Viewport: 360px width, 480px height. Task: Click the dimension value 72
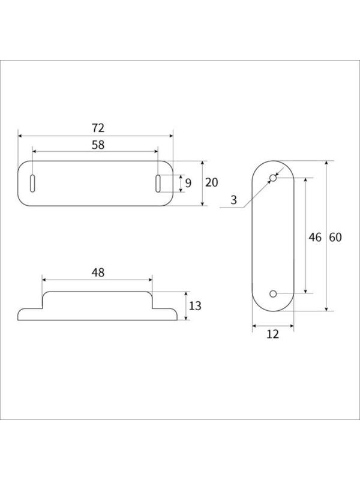(x=98, y=128)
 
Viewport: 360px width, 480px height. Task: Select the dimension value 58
(x=98, y=144)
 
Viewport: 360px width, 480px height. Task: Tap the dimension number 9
(x=188, y=183)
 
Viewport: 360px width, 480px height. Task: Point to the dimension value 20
(x=211, y=183)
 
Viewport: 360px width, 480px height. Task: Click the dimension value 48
(x=98, y=272)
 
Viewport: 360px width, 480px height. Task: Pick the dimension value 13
(x=195, y=306)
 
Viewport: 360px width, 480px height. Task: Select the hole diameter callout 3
(x=233, y=200)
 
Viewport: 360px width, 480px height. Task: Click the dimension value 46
(x=315, y=236)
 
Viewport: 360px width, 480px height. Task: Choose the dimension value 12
(x=272, y=334)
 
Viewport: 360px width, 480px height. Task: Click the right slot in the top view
(x=158, y=183)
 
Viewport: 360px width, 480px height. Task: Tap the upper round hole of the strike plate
(x=273, y=178)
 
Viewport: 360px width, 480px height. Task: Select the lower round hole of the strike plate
(x=273, y=293)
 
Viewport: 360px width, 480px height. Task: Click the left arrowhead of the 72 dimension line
(x=20, y=136)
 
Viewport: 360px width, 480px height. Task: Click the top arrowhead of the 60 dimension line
(x=327, y=163)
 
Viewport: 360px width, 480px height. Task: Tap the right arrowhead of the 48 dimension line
(x=149, y=279)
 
